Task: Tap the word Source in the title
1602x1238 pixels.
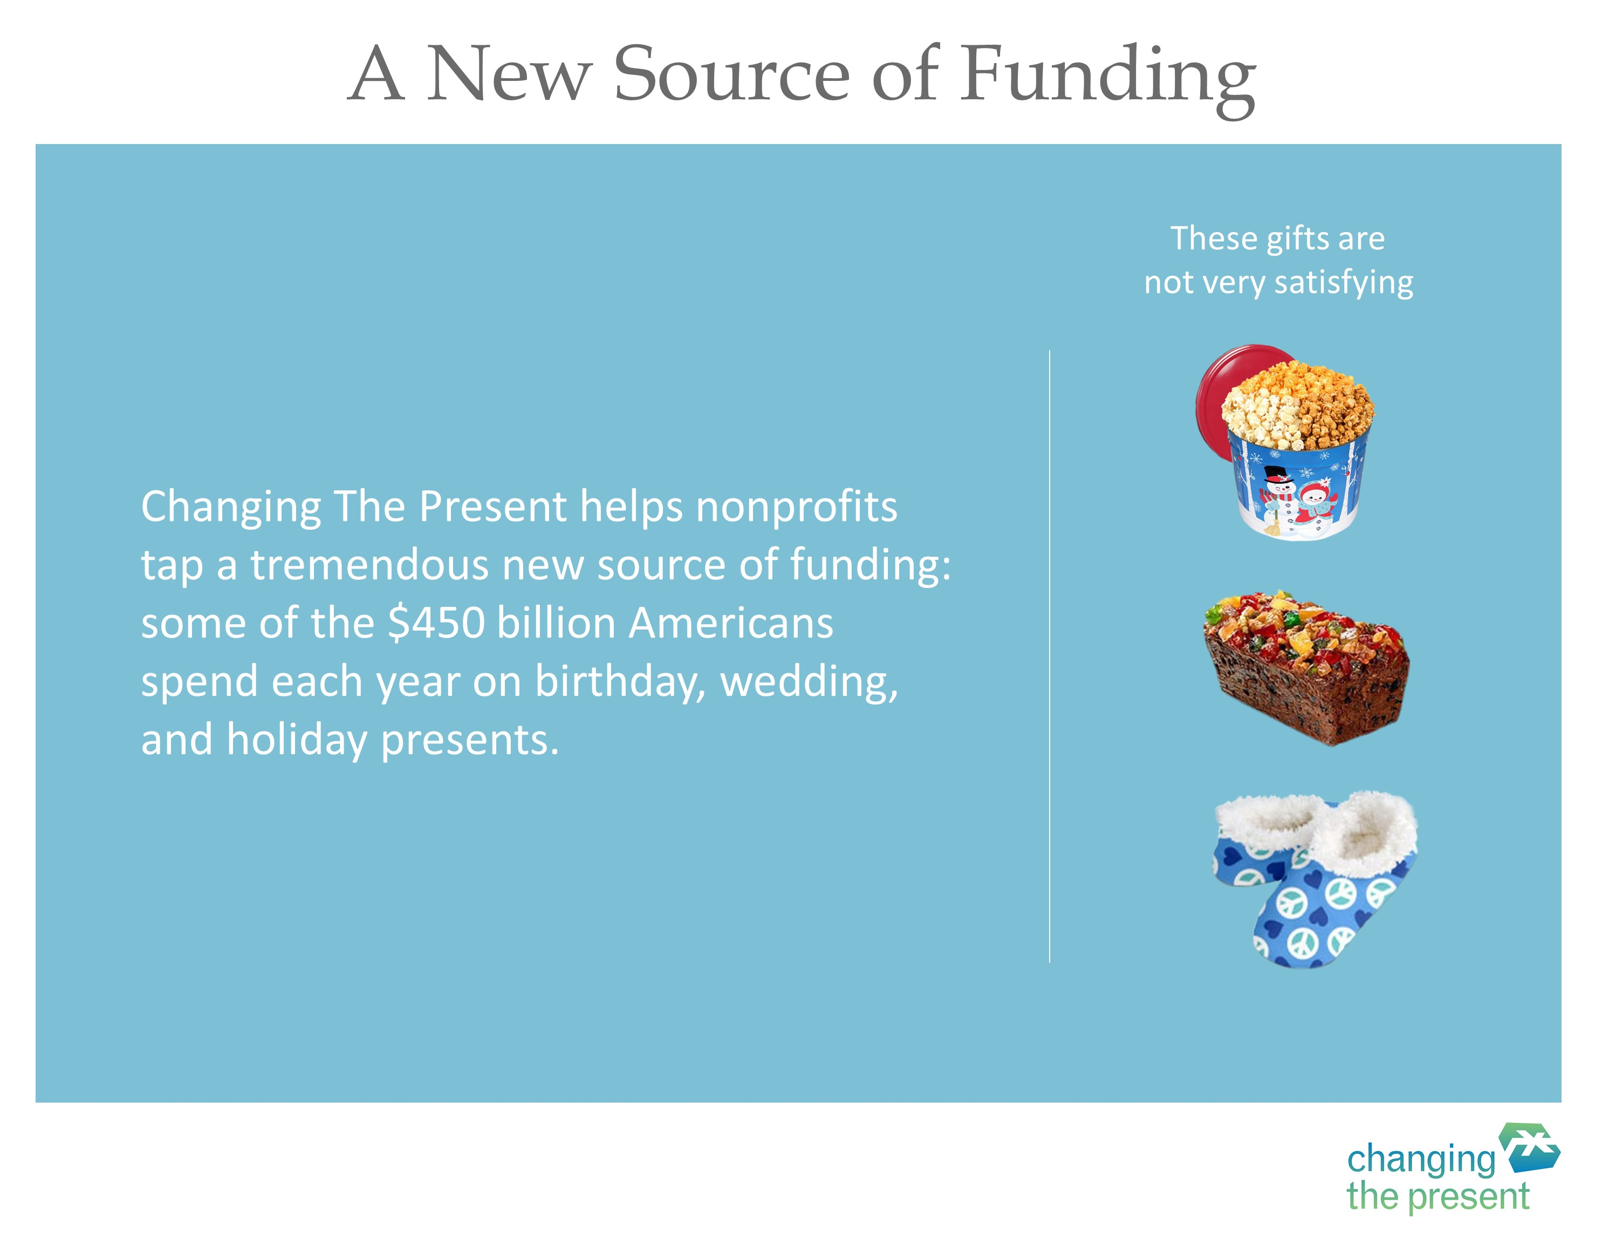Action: tap(730, 74)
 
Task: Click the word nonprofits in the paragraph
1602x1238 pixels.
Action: tap(797, 508)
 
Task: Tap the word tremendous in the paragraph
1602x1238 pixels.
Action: tap(369, 565)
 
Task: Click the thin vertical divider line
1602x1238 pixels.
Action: tap(1050, 656)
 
